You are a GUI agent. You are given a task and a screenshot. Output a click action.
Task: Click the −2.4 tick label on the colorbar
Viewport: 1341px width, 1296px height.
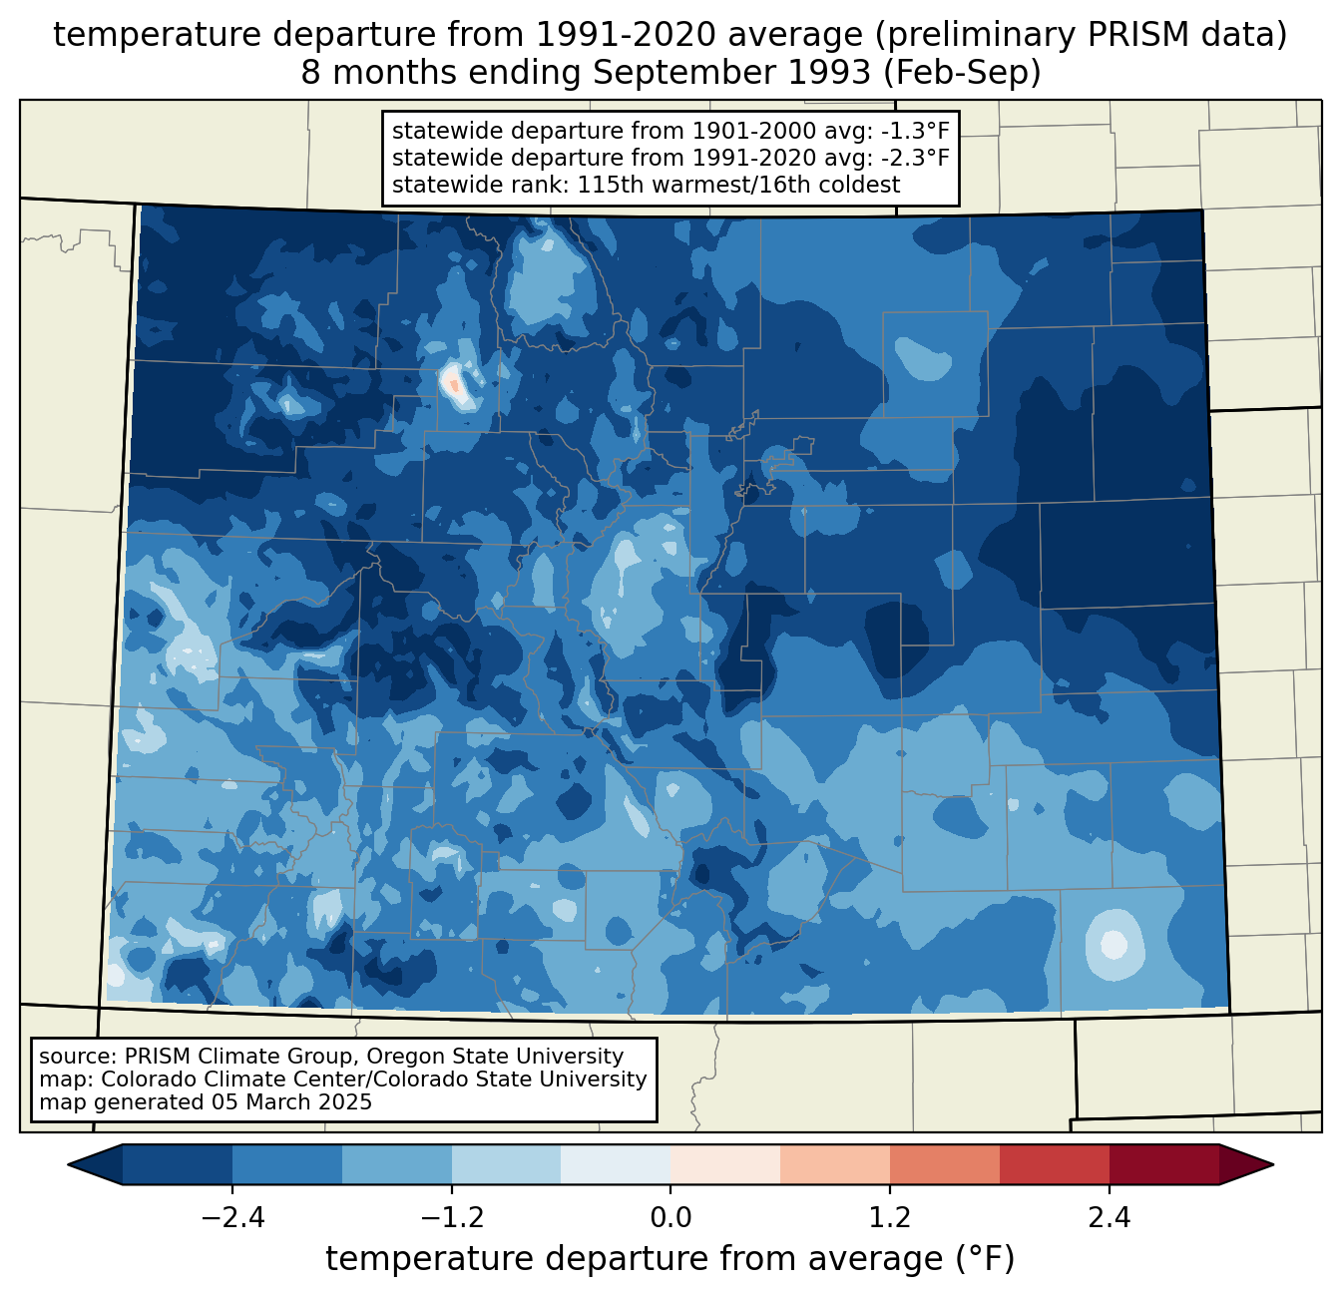[x=232, y=1218]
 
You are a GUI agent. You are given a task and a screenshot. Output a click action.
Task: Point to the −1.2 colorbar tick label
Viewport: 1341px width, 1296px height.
[x=451, y=1218]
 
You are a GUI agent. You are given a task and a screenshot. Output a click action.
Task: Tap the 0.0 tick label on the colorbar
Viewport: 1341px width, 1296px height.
[x=670, y=1218]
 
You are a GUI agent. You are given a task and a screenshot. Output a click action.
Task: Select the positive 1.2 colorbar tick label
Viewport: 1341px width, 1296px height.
[x=890, y=1218]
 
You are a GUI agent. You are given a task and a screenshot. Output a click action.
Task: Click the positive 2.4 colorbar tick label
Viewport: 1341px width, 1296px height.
[x=1109, y=1218]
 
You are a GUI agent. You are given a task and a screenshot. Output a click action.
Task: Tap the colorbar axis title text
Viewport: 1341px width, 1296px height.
[x=670, y=1259]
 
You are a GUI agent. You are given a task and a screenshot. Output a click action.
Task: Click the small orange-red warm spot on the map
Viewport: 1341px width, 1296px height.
[x=454, y=383]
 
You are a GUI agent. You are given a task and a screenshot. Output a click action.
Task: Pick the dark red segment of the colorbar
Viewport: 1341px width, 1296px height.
[x=1163, y=1164]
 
